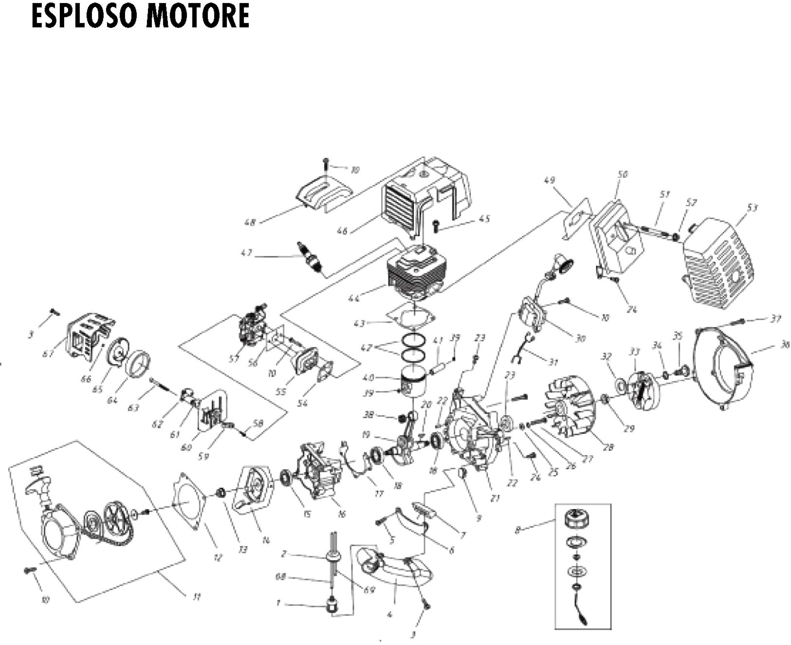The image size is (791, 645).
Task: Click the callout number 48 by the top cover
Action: point(250,223)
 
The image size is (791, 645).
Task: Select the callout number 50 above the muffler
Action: point(622,174)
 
